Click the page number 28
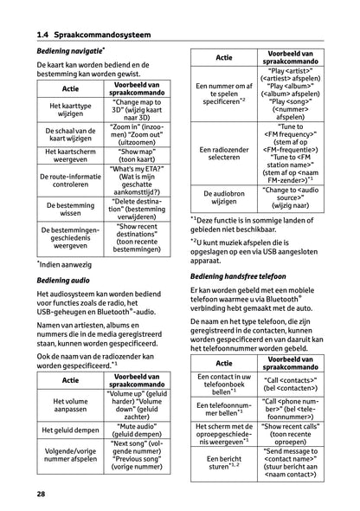[41, 494]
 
